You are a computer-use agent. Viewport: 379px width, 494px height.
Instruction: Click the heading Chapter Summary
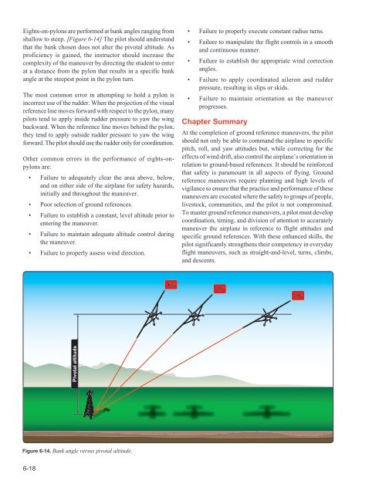[215, 122]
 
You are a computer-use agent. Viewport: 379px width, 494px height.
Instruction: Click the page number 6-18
[29, 469]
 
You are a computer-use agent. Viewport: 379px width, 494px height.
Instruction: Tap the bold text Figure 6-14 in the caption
[36, 451]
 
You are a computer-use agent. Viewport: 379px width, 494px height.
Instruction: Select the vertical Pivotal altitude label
[75, 364]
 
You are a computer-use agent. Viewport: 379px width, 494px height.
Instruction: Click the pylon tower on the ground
[90, 404]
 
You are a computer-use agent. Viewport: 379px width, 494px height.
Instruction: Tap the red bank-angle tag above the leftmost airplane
[171, 285]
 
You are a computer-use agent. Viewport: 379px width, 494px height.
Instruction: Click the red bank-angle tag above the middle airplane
[220, 289]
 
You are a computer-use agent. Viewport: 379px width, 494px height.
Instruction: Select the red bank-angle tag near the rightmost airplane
[298, 296]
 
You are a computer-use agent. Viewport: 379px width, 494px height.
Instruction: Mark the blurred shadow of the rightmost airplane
[266, 413]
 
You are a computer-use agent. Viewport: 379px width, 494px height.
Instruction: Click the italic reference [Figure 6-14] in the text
[84, 39]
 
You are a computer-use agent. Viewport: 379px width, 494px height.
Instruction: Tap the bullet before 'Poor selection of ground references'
[29, 205]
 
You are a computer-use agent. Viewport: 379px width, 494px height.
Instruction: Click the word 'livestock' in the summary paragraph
[194, 205]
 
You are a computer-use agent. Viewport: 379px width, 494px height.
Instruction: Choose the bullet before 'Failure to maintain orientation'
[188, 99]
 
